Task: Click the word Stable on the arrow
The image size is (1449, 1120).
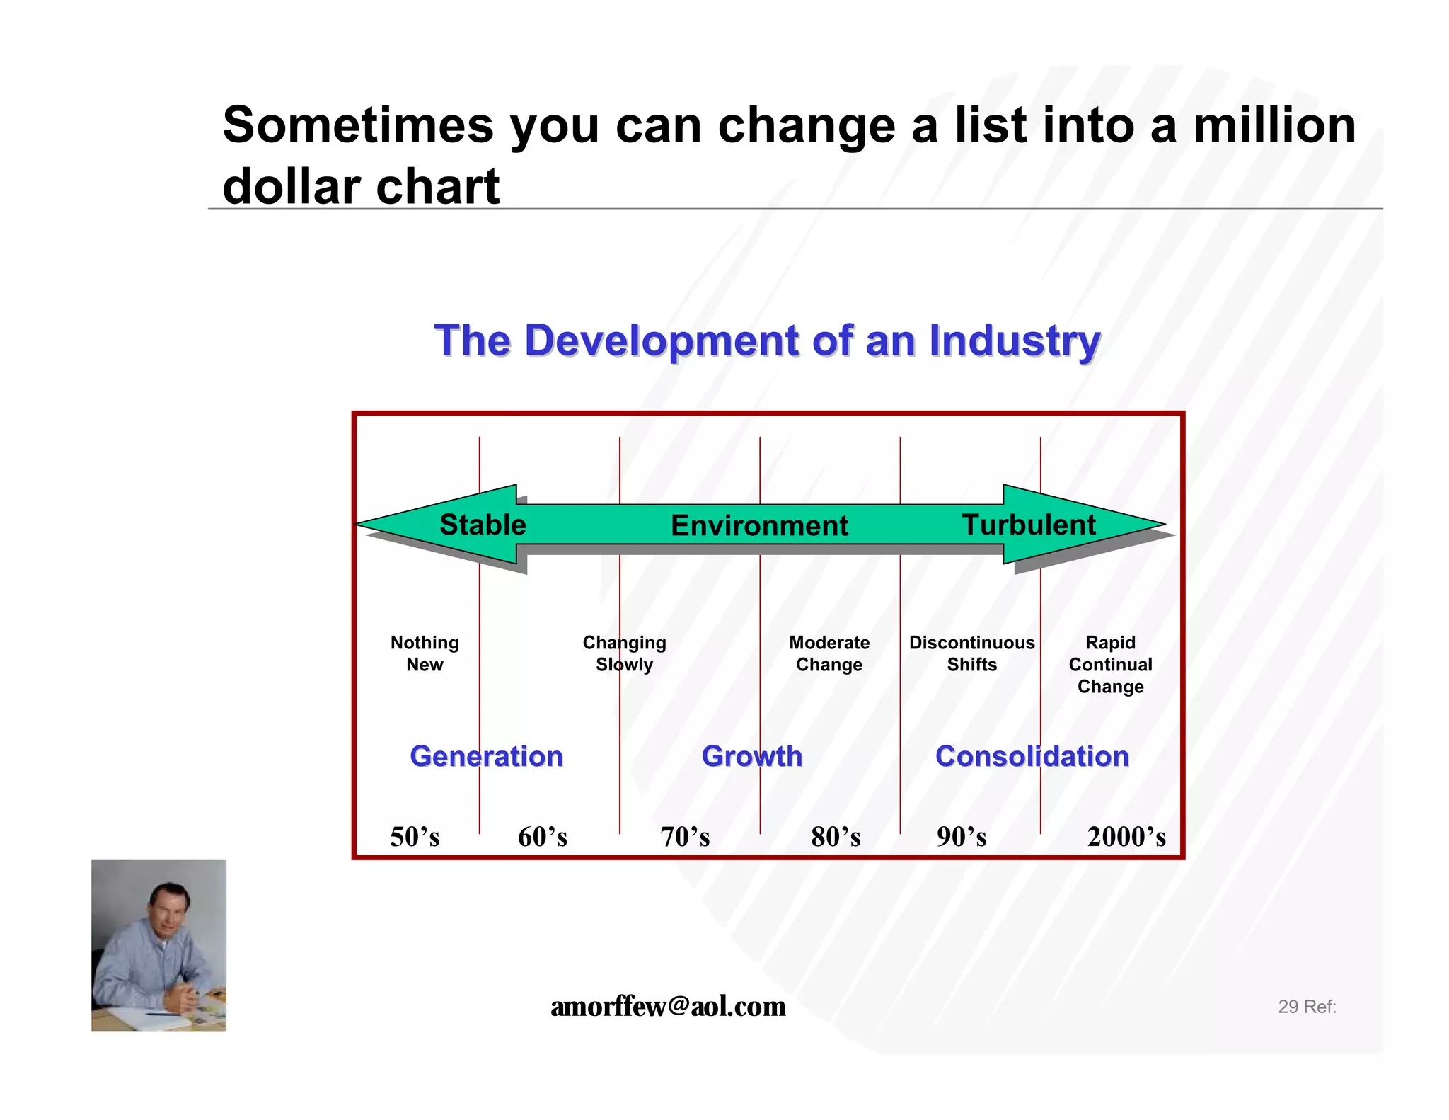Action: point(483,525)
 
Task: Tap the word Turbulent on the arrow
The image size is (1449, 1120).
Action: point(1029,525)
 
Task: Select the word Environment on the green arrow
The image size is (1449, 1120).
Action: point(759,525)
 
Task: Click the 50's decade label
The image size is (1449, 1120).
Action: point(415,837)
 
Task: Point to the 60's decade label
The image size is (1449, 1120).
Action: point(543,837)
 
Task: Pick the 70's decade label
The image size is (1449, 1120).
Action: point(685,837)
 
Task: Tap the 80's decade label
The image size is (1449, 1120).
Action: point(836,837)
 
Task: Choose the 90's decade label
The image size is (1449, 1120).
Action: point(962,837)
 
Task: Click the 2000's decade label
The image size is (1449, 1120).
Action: point(1126,837)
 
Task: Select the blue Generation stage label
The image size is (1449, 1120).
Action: point(487,756)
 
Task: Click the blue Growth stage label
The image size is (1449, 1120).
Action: point(752,756)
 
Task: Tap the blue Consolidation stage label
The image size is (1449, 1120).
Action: point(1032,756)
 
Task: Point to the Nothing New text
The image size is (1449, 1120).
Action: point(425,653)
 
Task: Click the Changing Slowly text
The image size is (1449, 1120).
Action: point(624,653)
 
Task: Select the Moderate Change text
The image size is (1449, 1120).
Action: point(829,653)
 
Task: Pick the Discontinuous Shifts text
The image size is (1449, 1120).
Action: point(971,653)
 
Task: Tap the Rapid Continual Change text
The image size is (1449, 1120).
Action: point(1110,664)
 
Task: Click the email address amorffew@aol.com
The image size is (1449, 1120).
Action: point(668,1006)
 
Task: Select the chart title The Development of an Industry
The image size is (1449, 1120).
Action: point(767,341)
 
